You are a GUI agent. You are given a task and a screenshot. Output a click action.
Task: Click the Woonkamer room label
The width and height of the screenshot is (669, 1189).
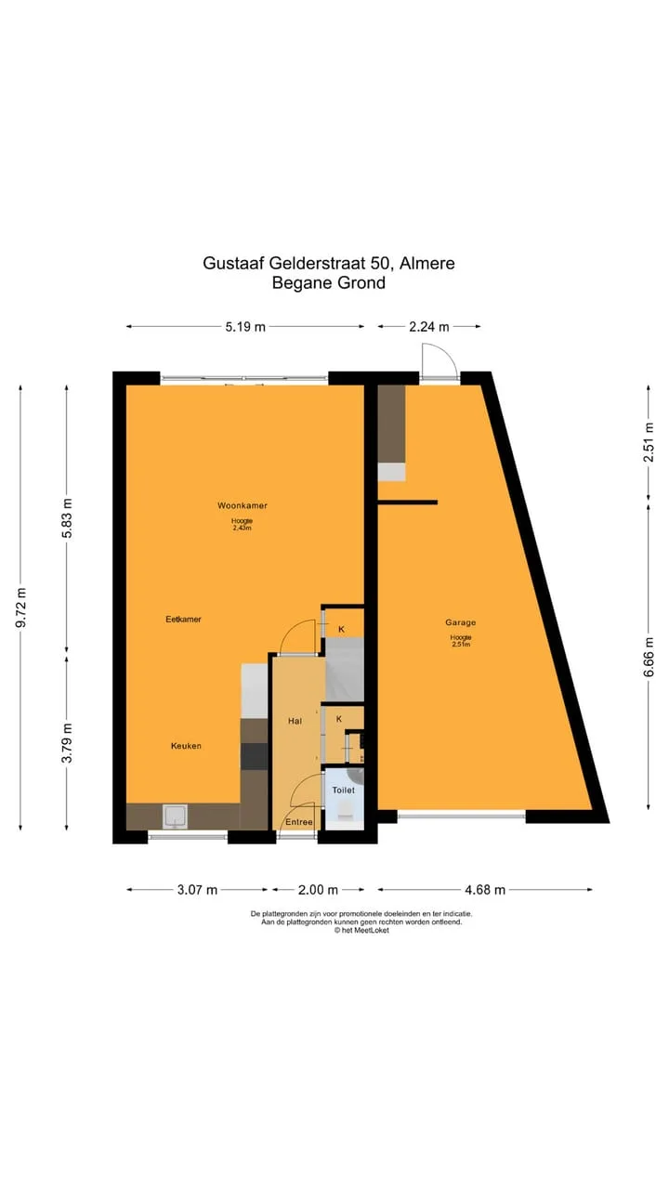click(243, 505)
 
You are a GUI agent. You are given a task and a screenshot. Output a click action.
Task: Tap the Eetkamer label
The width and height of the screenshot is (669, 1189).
click(183, 619)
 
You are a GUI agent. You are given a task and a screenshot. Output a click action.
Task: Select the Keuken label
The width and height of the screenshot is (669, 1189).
click(186, 746)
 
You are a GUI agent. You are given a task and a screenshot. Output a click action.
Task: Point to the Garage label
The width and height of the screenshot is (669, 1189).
click(460, 622)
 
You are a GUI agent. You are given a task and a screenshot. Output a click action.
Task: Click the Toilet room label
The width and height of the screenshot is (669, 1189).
click(343, 790)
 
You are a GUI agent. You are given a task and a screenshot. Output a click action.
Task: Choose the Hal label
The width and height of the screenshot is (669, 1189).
click(295, 721)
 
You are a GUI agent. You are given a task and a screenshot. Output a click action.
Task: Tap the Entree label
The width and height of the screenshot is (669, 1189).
click(299, 822)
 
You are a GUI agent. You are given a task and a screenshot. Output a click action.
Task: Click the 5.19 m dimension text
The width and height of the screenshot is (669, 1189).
click(245, 327)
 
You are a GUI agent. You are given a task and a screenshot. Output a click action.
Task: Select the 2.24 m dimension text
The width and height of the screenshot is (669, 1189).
click(429, 327)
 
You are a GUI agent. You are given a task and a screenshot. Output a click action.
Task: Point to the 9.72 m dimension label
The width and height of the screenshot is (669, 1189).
click(20, 608)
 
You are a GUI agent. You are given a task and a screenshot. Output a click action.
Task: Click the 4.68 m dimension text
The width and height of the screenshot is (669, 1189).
click(485, 890)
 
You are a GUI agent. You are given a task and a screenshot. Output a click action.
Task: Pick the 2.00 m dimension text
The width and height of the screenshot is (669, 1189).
click(318, 890)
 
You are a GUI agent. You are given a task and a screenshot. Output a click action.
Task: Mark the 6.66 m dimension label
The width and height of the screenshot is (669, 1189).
click(649, 657)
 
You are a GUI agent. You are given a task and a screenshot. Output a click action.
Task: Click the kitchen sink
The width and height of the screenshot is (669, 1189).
click(175, 817)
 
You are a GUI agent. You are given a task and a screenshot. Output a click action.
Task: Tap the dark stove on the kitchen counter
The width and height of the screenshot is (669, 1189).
click(255, 756)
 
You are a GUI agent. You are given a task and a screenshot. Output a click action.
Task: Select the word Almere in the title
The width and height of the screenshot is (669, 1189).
click(426, 263)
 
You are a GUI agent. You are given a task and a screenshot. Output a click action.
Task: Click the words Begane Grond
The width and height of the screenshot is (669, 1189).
click(329, 283)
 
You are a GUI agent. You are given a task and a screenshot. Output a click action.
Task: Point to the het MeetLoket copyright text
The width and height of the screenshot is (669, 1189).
click(361, 930)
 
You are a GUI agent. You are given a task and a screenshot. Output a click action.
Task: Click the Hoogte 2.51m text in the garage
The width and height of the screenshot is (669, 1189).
click(460, 641)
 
